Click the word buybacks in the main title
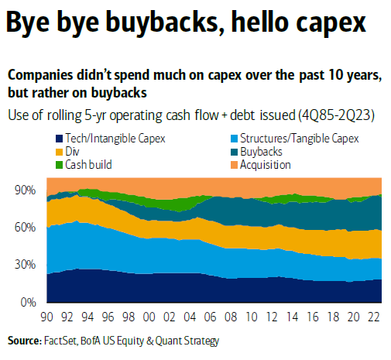click(149, 22)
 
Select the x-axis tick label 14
click(295, 316)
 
